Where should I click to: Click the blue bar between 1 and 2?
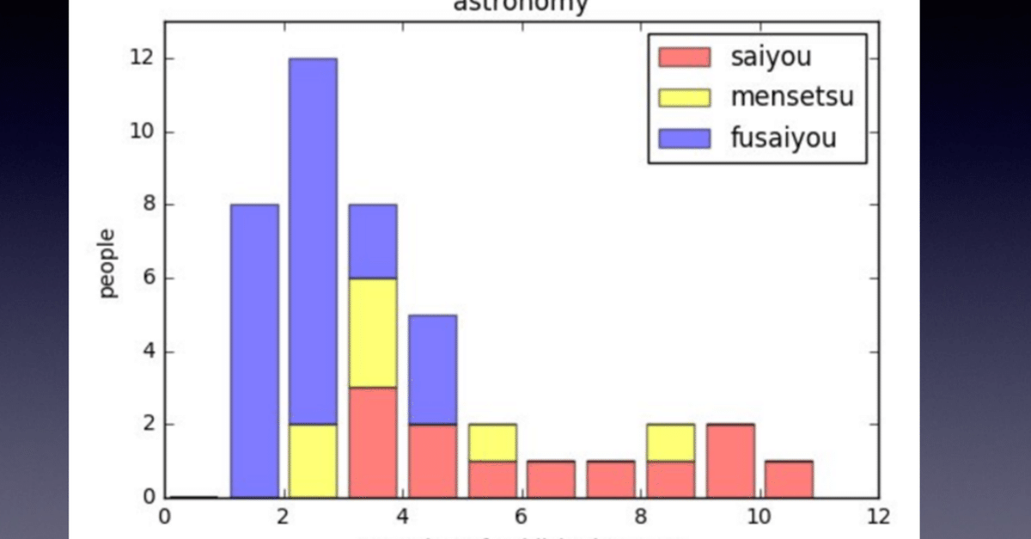[254, 351]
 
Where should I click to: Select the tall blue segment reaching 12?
[313, 241]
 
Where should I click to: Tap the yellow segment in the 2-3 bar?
[313, 461]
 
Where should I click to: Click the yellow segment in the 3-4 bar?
[373, 333]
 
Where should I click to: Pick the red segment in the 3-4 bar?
[373, 443]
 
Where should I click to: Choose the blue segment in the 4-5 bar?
[432, 370]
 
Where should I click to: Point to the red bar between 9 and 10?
[729, 461]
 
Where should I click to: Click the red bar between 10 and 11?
[789, 480]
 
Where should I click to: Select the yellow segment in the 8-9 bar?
[670, 443]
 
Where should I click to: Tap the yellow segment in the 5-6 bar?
[491, 443]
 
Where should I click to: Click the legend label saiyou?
[771, 58]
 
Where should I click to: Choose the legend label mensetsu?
[792, 96]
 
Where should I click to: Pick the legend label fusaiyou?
[783, 137]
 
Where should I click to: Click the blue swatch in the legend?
[684, 137]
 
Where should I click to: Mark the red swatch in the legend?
[684, 58]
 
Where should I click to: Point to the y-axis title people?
[108, 263]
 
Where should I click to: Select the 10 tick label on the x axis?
[758, 518]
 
